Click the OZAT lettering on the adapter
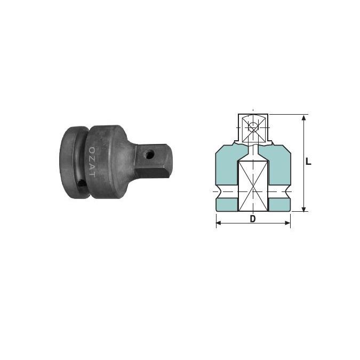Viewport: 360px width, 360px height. click(x=92, y=162)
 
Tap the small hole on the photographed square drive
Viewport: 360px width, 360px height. click(x=150, y=154)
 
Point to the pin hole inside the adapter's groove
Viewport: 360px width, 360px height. click(x=81, y=184)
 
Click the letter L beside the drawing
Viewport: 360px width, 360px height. click(x=308, y=162)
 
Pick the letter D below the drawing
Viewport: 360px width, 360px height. click(x=253, y=219)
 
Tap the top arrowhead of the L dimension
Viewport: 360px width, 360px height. click(x=303, y=118)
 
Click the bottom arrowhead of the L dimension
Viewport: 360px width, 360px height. click(x=303, y=209)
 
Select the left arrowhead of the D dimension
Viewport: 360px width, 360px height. click(x=219, y=223)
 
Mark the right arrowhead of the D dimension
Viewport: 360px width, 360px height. click(x=287, y=223)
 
